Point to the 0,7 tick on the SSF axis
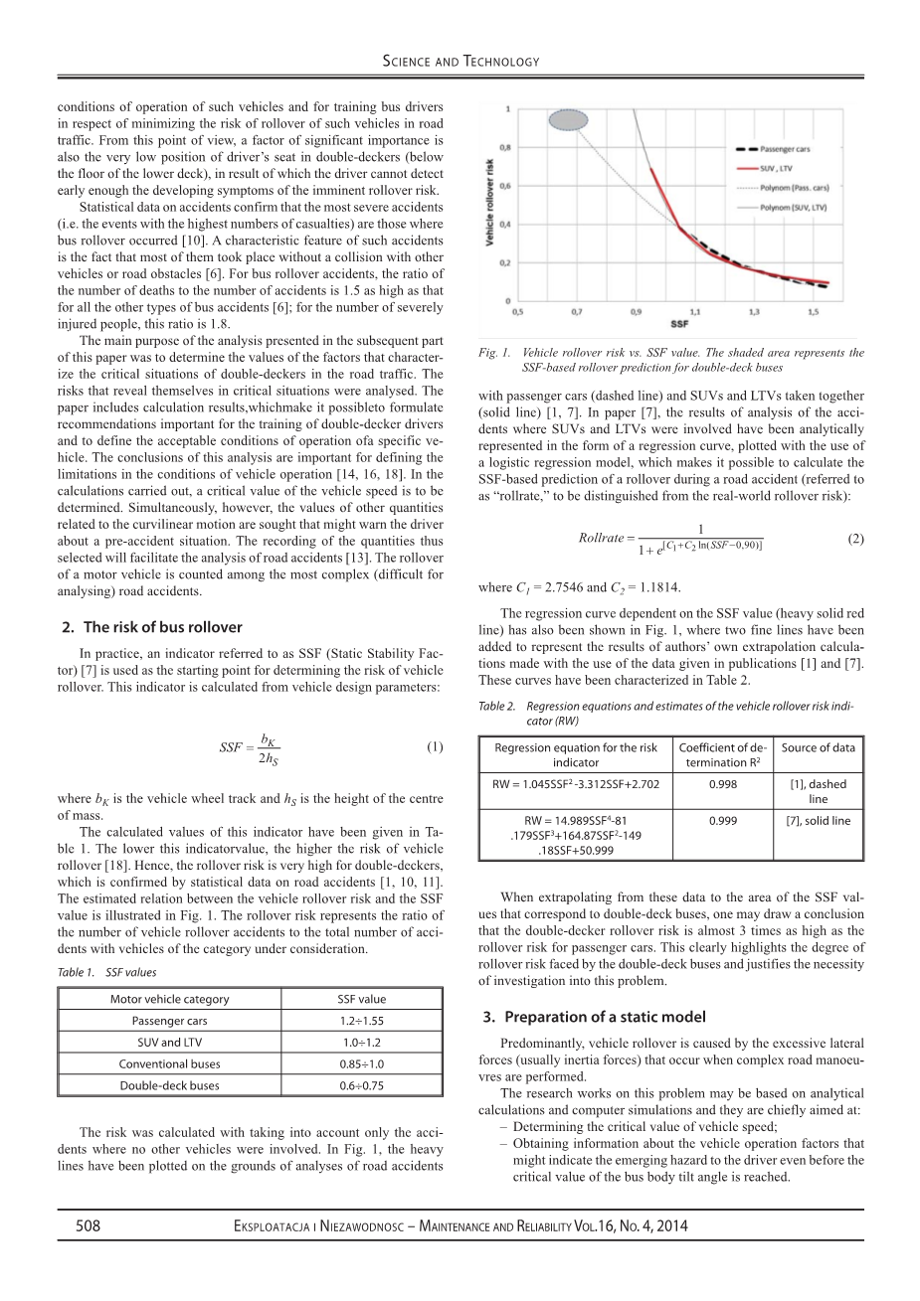pos(577,311)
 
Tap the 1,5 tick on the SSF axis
pos(814,311)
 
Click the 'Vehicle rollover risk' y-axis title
pos(491,204)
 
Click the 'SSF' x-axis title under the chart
pos(680,324)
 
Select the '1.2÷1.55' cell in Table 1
pos(361,1021)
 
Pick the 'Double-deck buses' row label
pos(169,1085)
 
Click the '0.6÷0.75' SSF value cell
pos(361,1085)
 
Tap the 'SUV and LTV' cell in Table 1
pos(169,1043)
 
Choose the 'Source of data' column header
pos(818,747)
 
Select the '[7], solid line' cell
pos(818,821)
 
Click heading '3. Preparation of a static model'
pos(595,1017)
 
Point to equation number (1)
pos(435,746)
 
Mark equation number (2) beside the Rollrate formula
pos(855,538)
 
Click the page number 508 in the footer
pos(89,1226)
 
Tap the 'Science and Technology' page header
pos(460,62)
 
